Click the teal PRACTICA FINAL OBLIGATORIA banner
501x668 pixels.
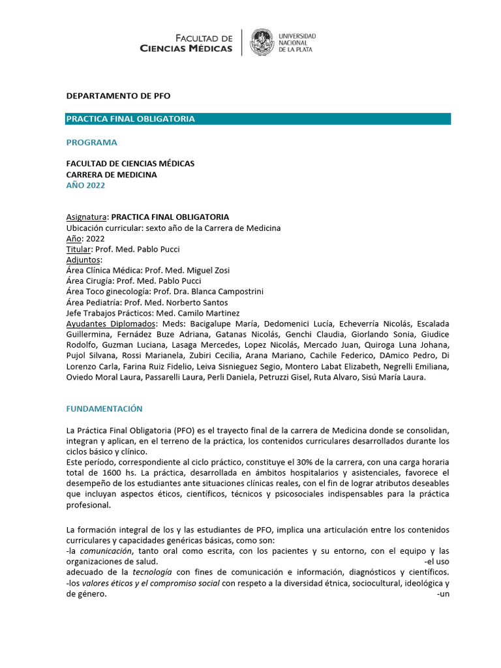[x=258, y=119]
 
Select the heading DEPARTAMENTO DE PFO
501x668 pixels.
[x=118, y=95]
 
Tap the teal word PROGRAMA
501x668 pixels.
[x=92, y=142]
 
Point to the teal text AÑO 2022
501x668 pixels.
[x=85, y=185]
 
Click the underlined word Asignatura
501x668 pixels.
[x=86, y=217]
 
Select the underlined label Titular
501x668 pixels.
[x=78, y=249]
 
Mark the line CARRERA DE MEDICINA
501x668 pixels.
[x=112, y=174]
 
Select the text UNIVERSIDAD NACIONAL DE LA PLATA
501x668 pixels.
[x=297, y=42]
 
